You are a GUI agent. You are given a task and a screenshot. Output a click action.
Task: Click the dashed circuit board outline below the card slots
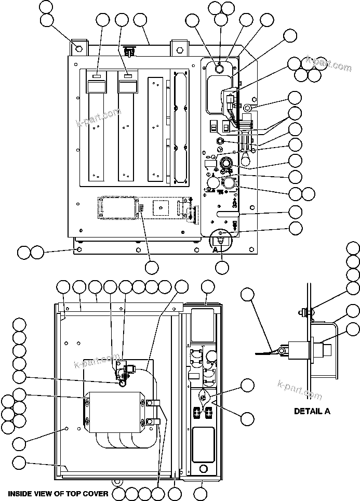tap(118, 208)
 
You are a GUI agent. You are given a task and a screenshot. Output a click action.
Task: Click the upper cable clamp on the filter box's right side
tap(153, 403)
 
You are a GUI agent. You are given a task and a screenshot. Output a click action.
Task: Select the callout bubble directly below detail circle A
tap(222, 267)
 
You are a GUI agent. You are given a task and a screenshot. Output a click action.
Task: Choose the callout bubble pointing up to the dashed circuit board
tap(152, 267)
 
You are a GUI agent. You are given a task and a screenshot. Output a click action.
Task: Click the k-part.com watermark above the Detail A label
tap(300, 390)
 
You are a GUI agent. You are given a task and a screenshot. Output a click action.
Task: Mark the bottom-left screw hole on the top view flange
tap(78, 249)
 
